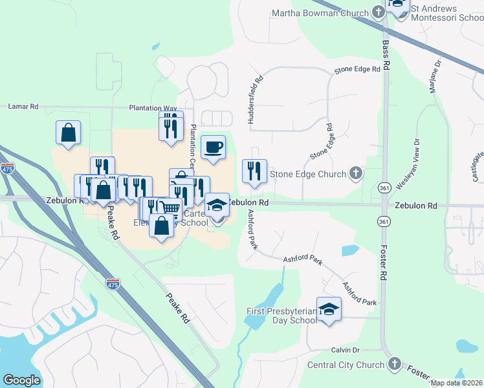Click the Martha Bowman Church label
point(320,12)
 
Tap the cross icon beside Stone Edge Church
point(355,173)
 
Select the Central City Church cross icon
point(394,364)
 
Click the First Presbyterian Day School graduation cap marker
point(329,308)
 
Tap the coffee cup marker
point(213,147)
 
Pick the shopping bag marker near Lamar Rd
point(68,132)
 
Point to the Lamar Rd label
point(23,106)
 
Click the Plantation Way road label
point(153,108)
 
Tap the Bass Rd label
point(386,54)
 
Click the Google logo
point(21,380)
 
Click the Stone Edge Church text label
point(308,173)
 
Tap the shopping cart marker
point(170,208)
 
